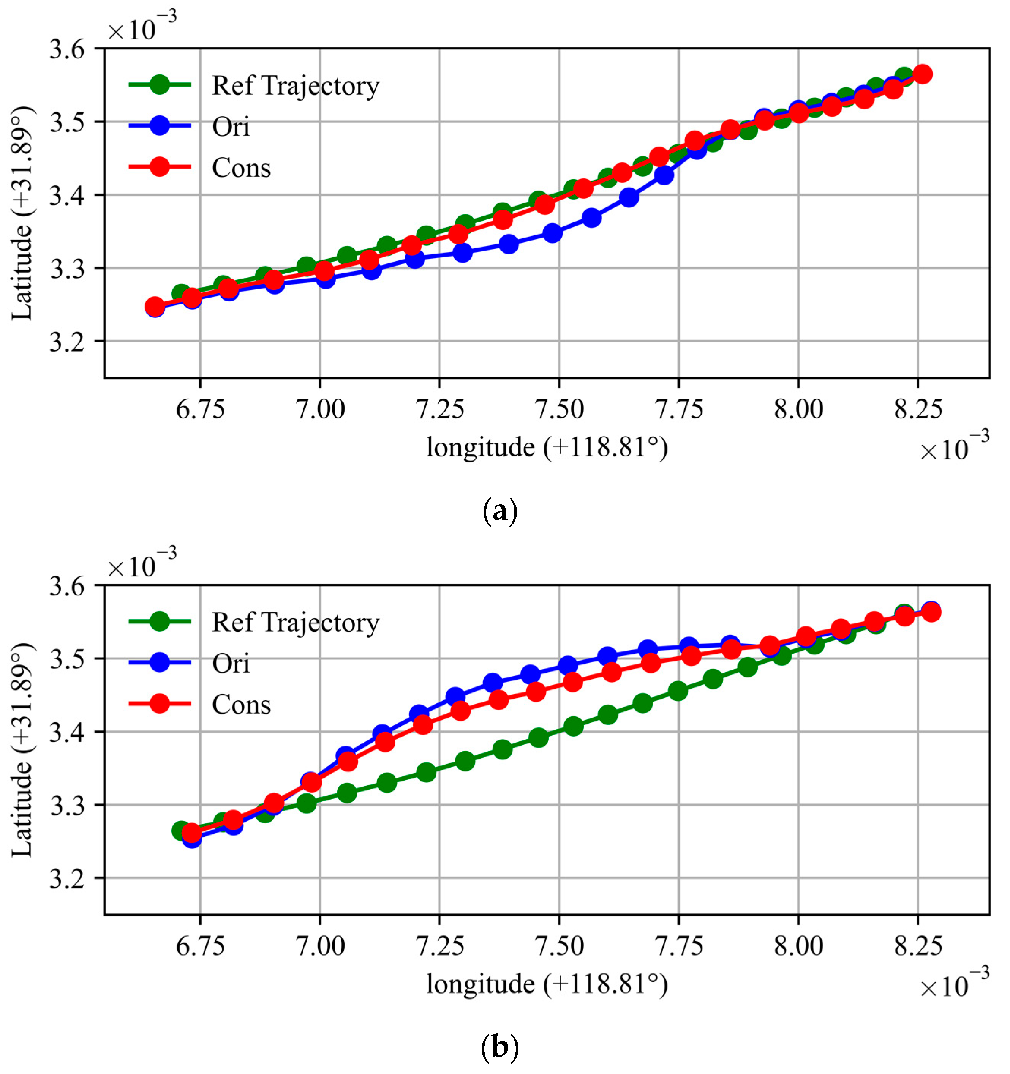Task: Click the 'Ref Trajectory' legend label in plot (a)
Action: pyautogui.click(x=295, y=86)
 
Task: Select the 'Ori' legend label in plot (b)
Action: pyautogui.click(x=231, y=663)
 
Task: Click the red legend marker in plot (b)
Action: pyautogui.click(x=160, y=703)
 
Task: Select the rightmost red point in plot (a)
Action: pyautogui.click(x=923, y=74)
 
